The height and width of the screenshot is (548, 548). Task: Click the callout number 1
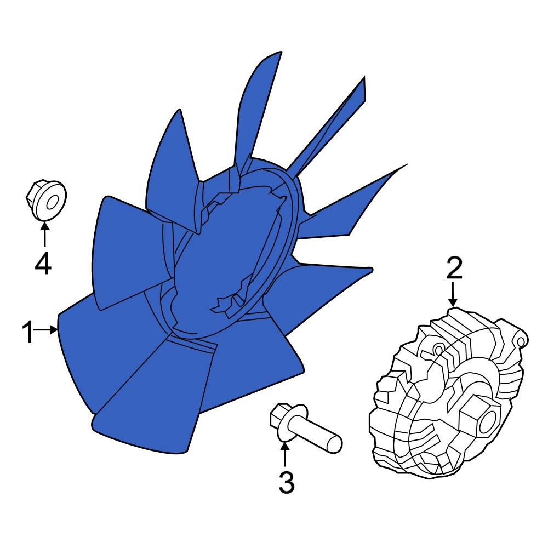pyautogui.click(x=27, y=333)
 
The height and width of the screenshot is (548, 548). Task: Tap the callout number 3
pyautogui.click(x=287, y=482)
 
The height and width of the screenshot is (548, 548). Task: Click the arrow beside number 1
pyautogui.click(x=45, y=329)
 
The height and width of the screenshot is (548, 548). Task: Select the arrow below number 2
pyautogui.click(x=453, y=295)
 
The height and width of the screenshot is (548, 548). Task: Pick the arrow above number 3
pyautogui.click(x=285, y=454)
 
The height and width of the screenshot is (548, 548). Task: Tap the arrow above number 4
pyautogui.click(x=44, y=235)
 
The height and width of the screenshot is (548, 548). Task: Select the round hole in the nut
pyautogui.click(x=52, y=203)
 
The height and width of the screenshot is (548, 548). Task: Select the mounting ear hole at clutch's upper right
pyautogui.click(x=520, y=341)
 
